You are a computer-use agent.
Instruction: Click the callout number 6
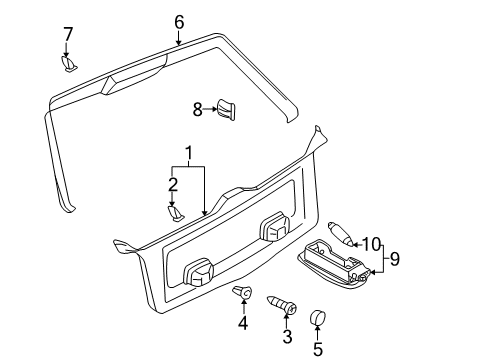179,22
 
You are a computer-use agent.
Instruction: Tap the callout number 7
68,34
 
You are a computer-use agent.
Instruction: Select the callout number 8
198,109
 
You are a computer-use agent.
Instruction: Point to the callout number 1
189,153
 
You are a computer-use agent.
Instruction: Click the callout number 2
173,185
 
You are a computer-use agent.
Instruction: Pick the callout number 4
243,322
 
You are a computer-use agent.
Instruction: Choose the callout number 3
287,336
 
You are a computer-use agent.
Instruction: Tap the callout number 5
318,349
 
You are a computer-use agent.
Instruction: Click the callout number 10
371,244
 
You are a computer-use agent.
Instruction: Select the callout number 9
395,259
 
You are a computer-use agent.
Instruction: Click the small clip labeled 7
69,64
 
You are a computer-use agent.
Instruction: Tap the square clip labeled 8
226,109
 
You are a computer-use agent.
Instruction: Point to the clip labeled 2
175,213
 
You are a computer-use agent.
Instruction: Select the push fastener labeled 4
242,292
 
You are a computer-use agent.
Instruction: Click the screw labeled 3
282,305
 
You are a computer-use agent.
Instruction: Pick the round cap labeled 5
317,317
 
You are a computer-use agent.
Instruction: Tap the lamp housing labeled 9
334,263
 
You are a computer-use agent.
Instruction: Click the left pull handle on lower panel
198,271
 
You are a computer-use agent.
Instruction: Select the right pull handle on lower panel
274,226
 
